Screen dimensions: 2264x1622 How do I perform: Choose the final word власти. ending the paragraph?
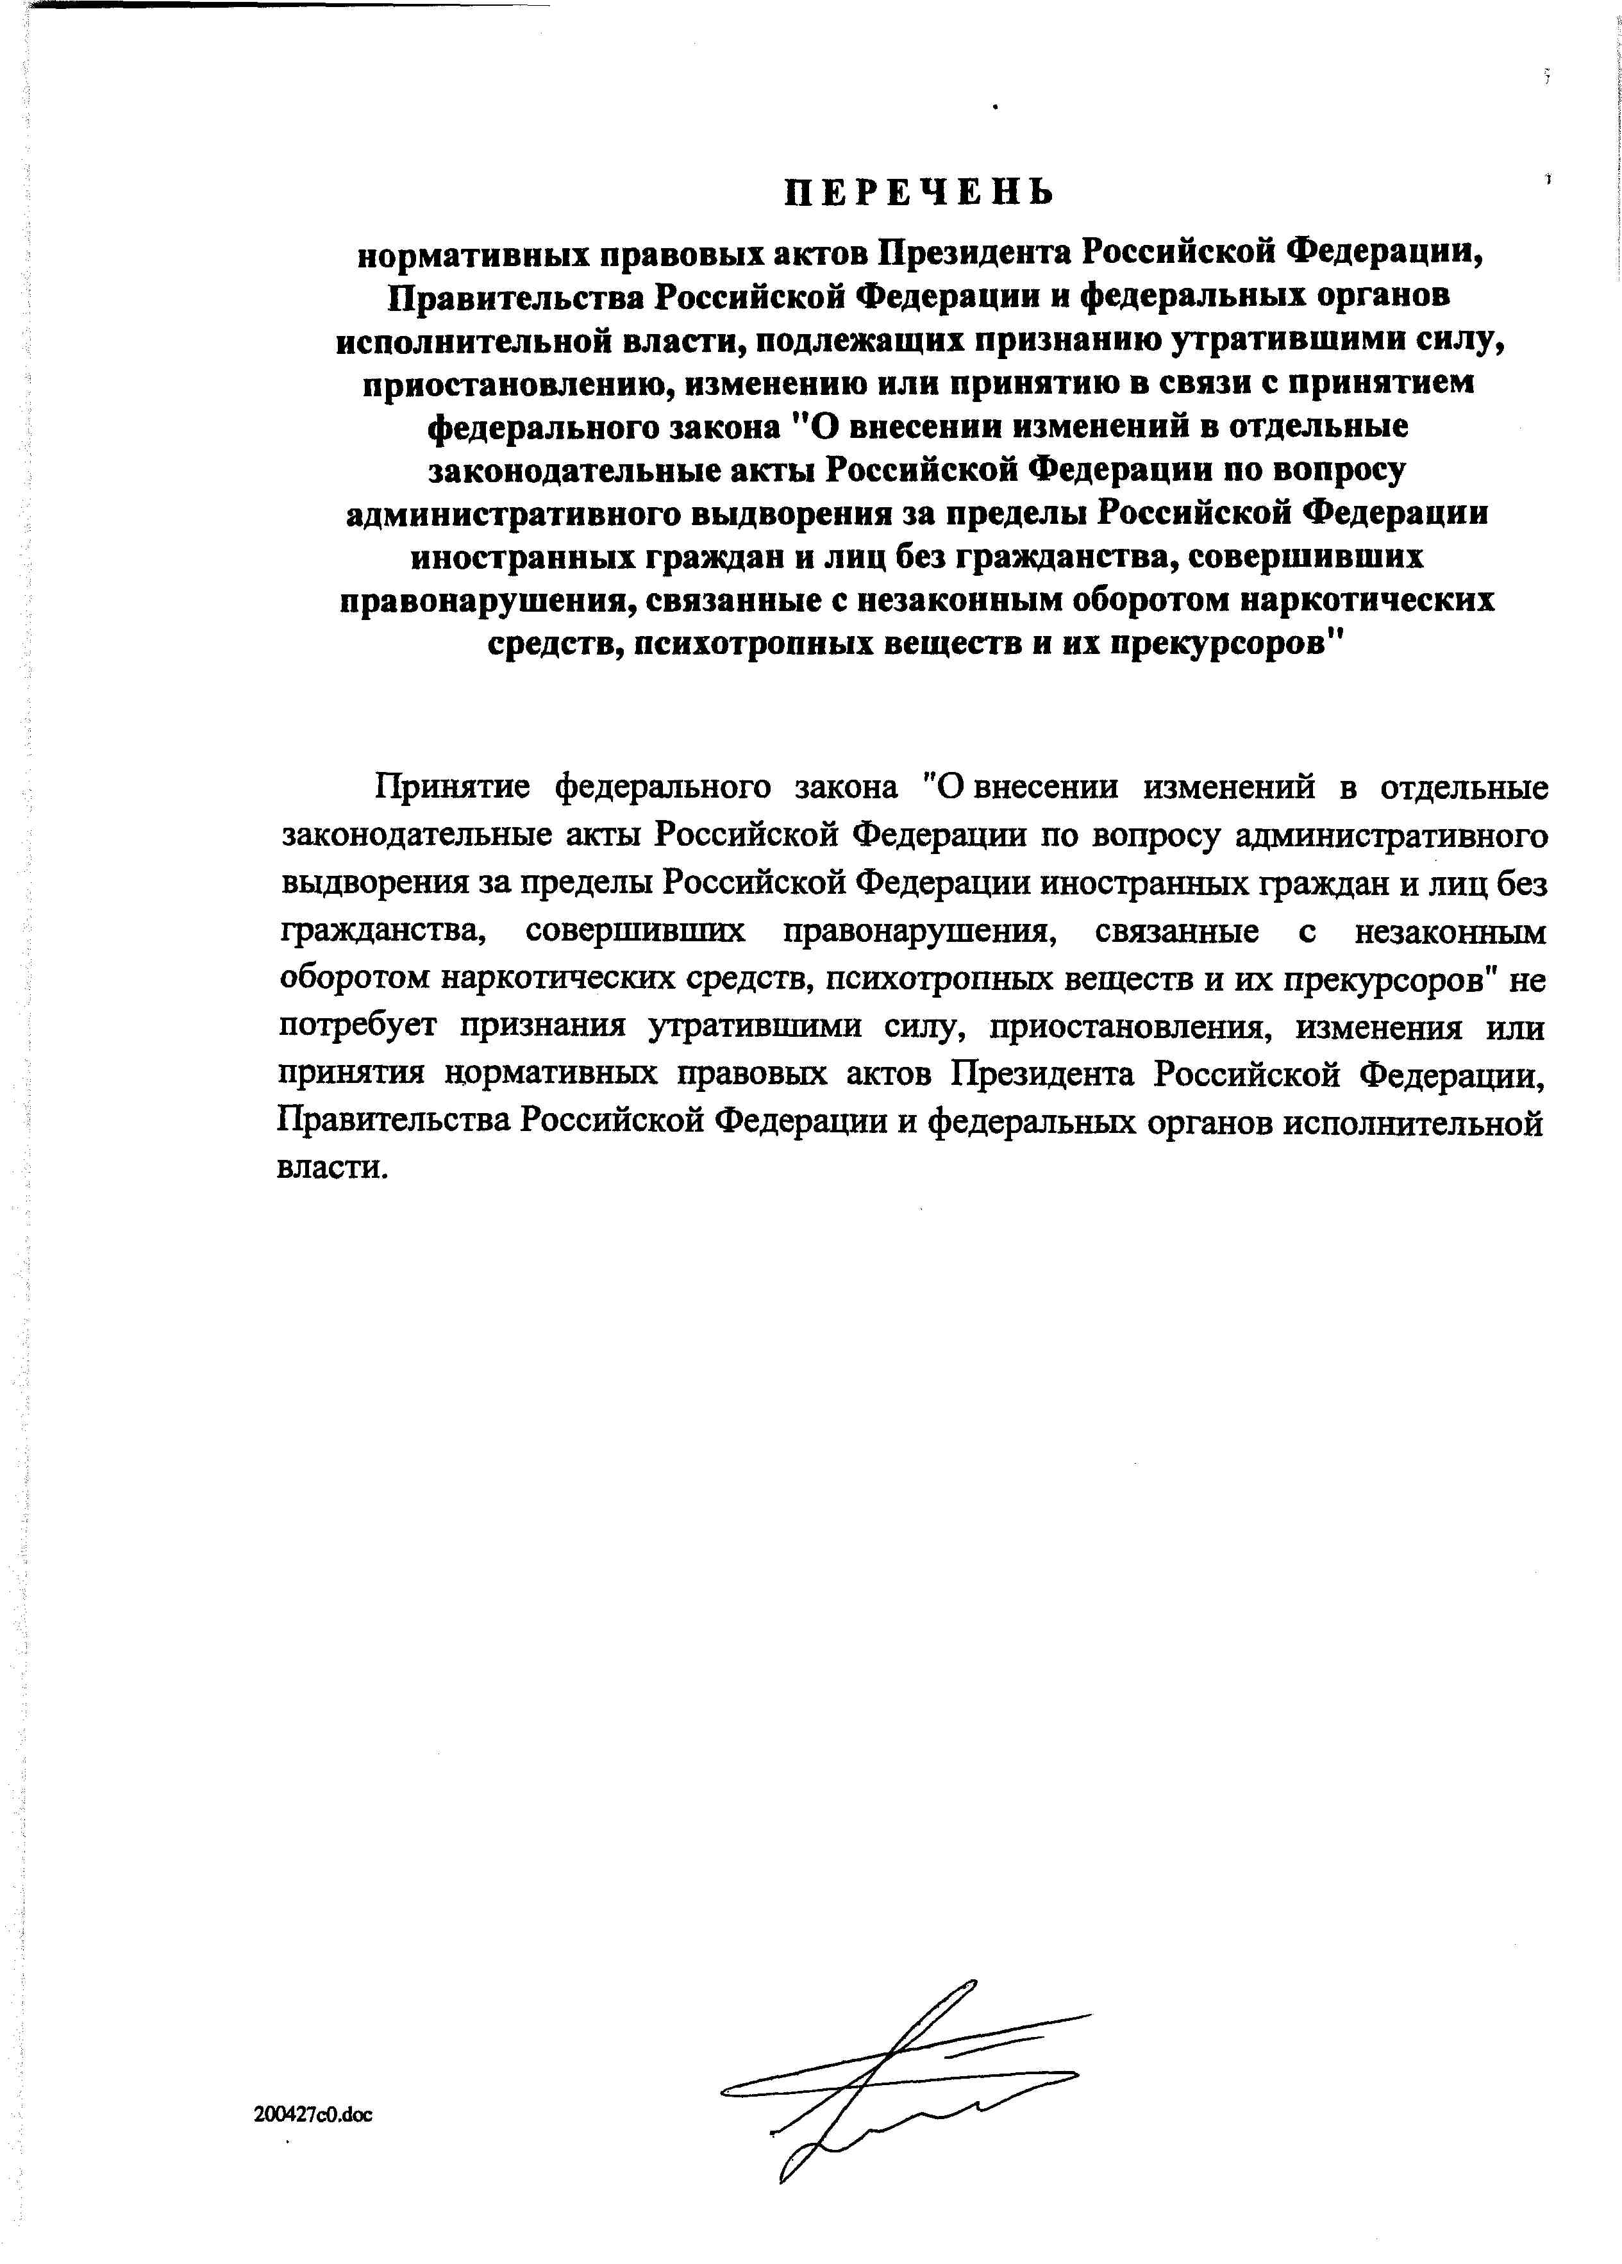(330, 1168)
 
